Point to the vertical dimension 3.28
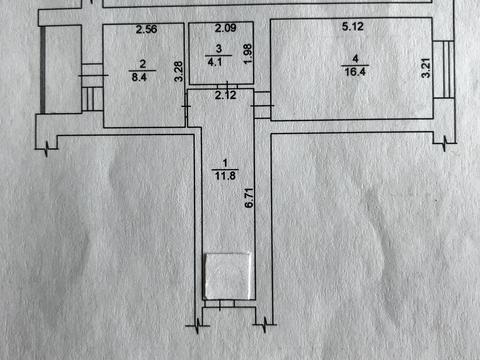pos(178,71)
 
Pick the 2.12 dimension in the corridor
pos(227,95)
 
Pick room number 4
pos(349,57)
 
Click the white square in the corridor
pos(227,276)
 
